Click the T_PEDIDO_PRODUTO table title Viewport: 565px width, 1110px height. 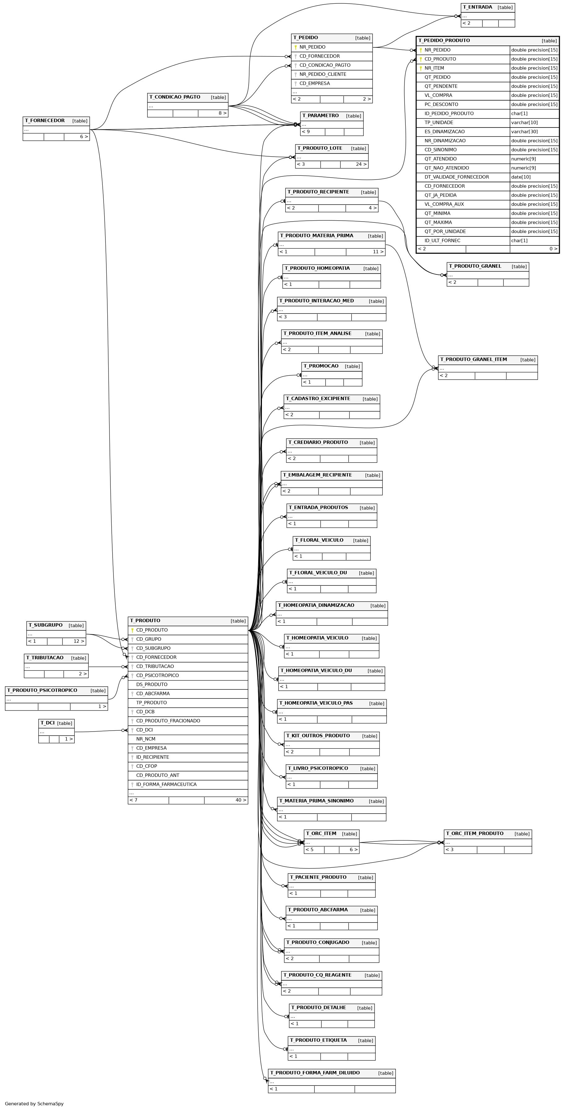[x=444, y=41]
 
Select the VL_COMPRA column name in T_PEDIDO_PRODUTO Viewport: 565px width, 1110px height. [x=439, y=95]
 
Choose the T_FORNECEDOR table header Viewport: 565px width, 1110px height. [x=45, y=121]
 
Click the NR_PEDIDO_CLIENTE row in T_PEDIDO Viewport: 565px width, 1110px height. [x=323, y=74]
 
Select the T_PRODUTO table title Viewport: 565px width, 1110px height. [x=145, y=620]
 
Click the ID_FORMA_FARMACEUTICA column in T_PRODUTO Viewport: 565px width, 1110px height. [x=166, y=784]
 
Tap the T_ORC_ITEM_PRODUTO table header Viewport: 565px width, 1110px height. [x=475, y=833]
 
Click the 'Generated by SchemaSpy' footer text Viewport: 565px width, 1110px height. [x=34, y=1104]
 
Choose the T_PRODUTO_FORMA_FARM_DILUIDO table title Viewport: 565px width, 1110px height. [x=315, y=1073]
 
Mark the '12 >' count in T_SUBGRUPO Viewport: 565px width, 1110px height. [x=79, y=641]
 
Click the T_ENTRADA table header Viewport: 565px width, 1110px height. [x=477, y=7]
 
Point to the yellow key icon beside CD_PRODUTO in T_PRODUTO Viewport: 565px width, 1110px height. [x=132, y=630]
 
